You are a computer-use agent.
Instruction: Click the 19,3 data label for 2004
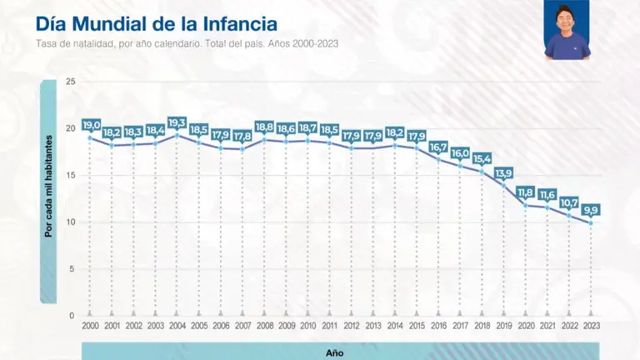click(x=177, y=122)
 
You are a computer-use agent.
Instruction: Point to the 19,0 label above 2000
click(x=91, y=124)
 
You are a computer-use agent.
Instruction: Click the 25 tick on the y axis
click(x=71, y=82)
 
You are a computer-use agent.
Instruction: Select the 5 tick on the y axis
click(x=72, y=269)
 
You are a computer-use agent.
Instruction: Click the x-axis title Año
click(x=333, y=352)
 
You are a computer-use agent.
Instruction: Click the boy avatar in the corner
click(x=567, y=30)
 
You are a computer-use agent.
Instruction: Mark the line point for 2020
click(x=526, y=205)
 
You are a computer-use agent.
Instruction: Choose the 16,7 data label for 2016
click(x=439, y=147)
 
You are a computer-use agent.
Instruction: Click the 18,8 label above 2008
click(x=264, y=127)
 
